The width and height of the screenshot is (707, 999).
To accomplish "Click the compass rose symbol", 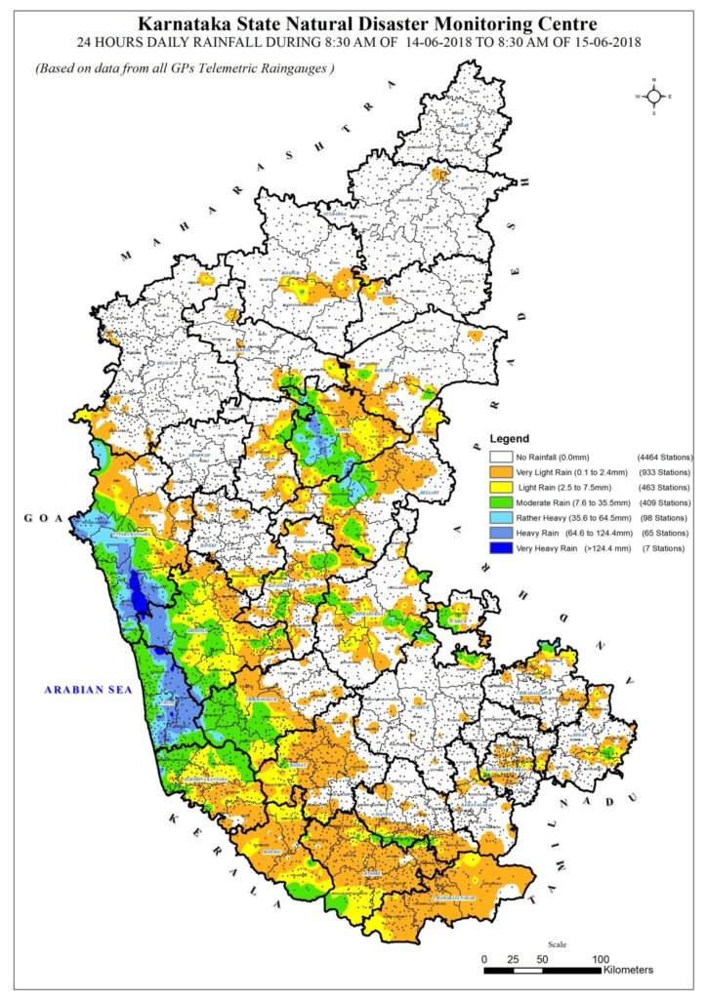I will click(652, 97).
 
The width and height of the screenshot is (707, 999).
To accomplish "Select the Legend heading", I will click(509, 438).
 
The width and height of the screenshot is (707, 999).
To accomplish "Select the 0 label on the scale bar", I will click(485, 958).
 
